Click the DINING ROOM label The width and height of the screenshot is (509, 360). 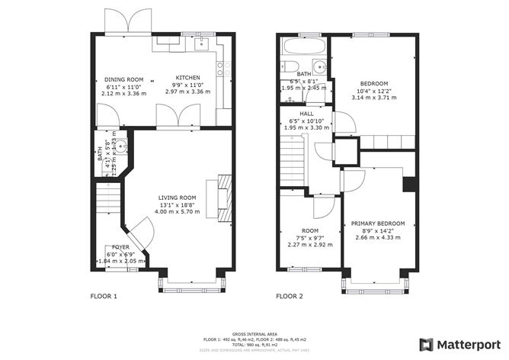(x=123, y=79)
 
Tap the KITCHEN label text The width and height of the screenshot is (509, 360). (x=187, y=78)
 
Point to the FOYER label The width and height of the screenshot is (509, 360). (x=121, y=248)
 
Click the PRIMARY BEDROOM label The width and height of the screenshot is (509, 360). (x=378, y=223)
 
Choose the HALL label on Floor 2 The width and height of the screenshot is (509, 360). (x=306, y=114)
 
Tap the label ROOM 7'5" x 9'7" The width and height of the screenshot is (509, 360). (x=309, y=230)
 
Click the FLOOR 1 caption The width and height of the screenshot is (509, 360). (x=104, y=296)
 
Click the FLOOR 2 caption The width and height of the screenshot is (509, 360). (x=290, y=296)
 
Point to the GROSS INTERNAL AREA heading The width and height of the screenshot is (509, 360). (x=254, y=333)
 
